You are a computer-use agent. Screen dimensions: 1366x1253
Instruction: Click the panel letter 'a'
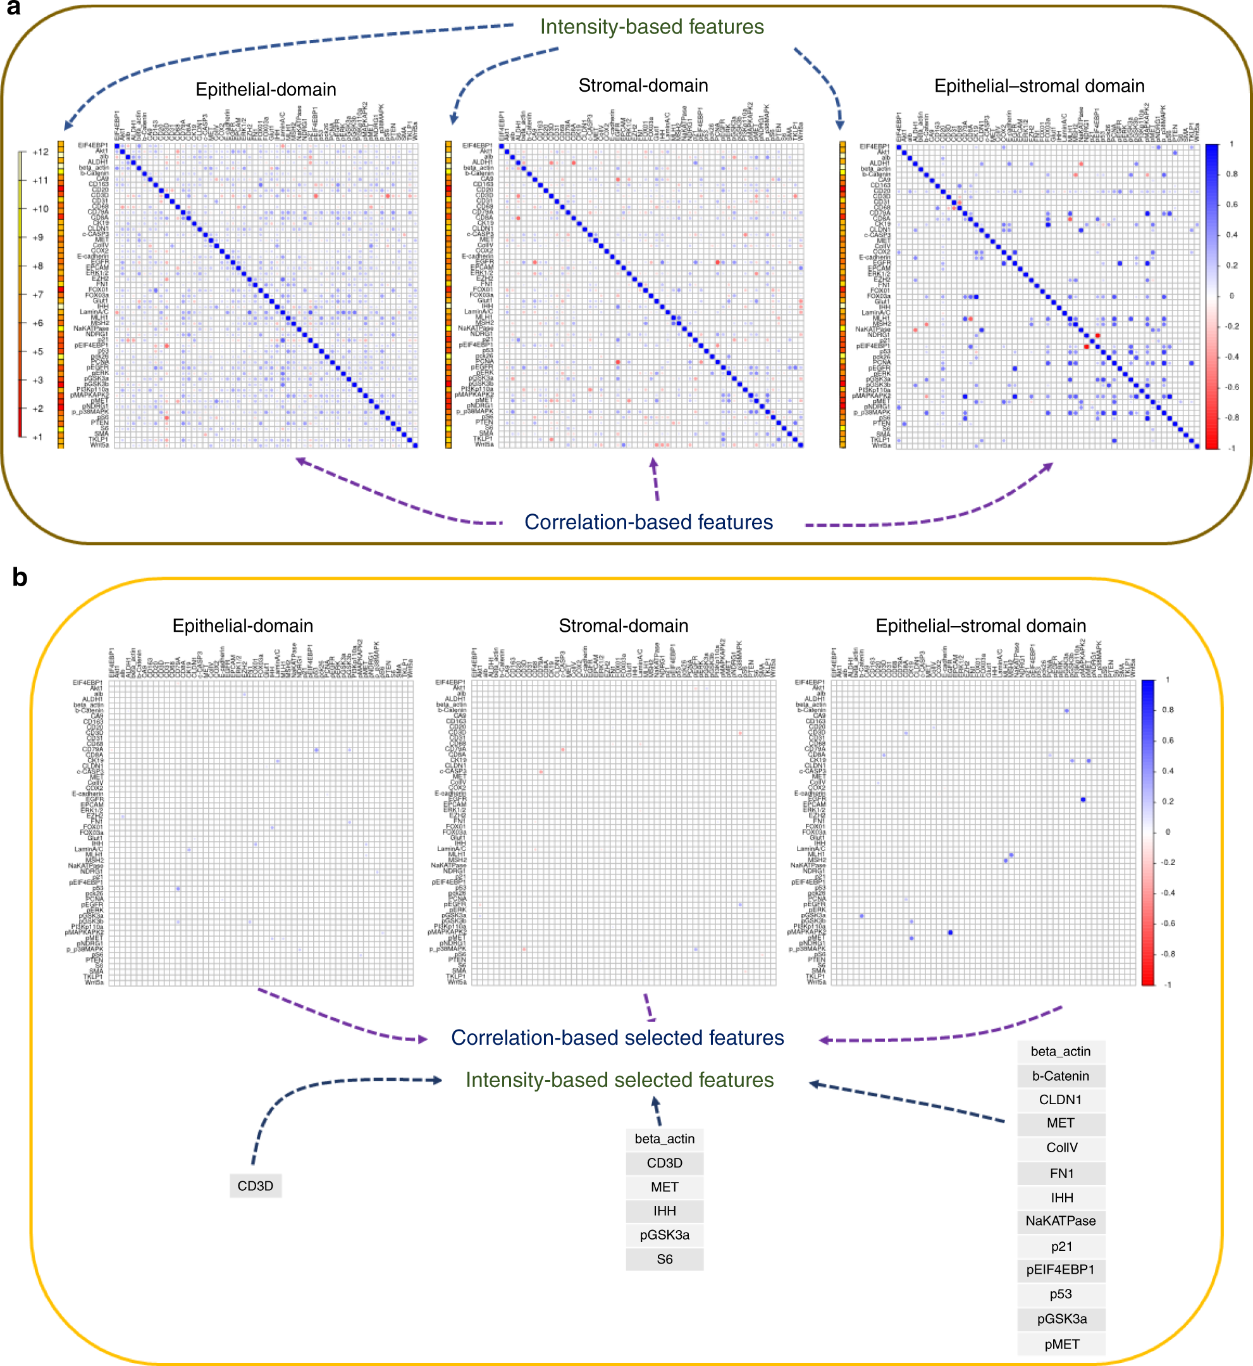13,8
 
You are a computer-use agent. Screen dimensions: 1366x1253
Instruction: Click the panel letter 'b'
20,577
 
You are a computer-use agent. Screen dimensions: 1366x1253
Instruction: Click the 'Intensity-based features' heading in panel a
651,27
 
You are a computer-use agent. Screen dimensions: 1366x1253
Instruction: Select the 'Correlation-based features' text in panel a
648,522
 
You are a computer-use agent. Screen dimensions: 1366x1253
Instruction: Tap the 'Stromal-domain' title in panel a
643,85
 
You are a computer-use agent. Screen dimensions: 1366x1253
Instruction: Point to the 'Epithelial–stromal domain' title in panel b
980,625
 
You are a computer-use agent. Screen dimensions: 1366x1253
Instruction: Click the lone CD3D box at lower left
256,1186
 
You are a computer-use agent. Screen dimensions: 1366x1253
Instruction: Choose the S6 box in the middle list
665,1259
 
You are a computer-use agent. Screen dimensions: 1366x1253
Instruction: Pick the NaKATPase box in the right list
1061,1221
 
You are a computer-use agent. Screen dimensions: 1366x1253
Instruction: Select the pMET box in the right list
1061,1344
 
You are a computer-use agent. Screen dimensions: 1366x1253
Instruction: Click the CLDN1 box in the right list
1061,1100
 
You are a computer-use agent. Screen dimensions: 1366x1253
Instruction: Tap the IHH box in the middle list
665,1211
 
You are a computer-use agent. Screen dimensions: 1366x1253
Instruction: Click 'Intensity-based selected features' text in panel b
619,1080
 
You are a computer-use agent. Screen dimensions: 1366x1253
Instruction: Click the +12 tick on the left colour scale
40,152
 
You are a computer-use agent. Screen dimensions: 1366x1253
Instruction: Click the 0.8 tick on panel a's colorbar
1231,174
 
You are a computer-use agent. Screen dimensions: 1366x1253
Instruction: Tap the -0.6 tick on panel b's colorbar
1168,923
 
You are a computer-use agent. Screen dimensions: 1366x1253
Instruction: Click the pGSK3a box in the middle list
665,1235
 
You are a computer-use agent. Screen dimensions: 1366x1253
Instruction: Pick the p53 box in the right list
1061,1294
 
